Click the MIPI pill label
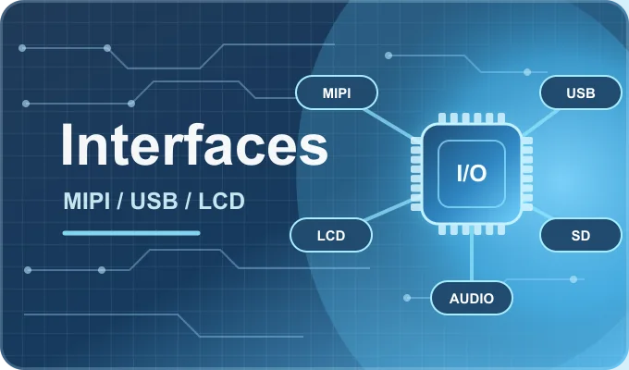click(337, 92)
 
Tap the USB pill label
click(581, 92)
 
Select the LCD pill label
click(331, 235)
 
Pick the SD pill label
click(581, 235)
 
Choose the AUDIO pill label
click(472, 298)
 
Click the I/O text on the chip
click(472, 173)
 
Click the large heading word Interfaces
click(194, 144)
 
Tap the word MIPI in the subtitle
click(87, 201)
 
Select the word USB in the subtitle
click(154, 201)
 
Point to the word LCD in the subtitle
click(221, 201)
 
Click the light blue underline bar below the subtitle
click(131, 233)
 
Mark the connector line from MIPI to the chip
click(388, 124)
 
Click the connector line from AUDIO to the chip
click(472, 258)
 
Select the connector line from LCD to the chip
click(388, 210)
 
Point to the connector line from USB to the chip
click(540, 122)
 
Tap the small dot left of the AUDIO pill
click(407, 298)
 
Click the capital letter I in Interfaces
click(67, 144)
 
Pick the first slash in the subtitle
click(120, 201)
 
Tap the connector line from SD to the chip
click(542, 213)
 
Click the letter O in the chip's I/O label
click(478, 173)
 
